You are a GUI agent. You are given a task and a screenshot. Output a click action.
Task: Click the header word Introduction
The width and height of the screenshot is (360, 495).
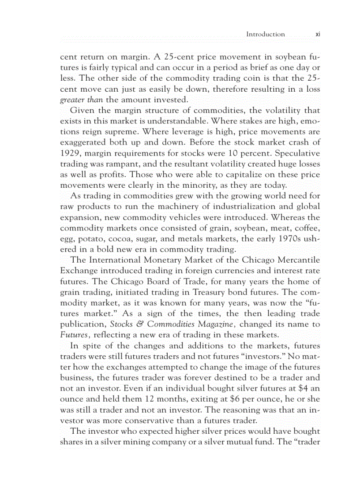click(265, 34)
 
